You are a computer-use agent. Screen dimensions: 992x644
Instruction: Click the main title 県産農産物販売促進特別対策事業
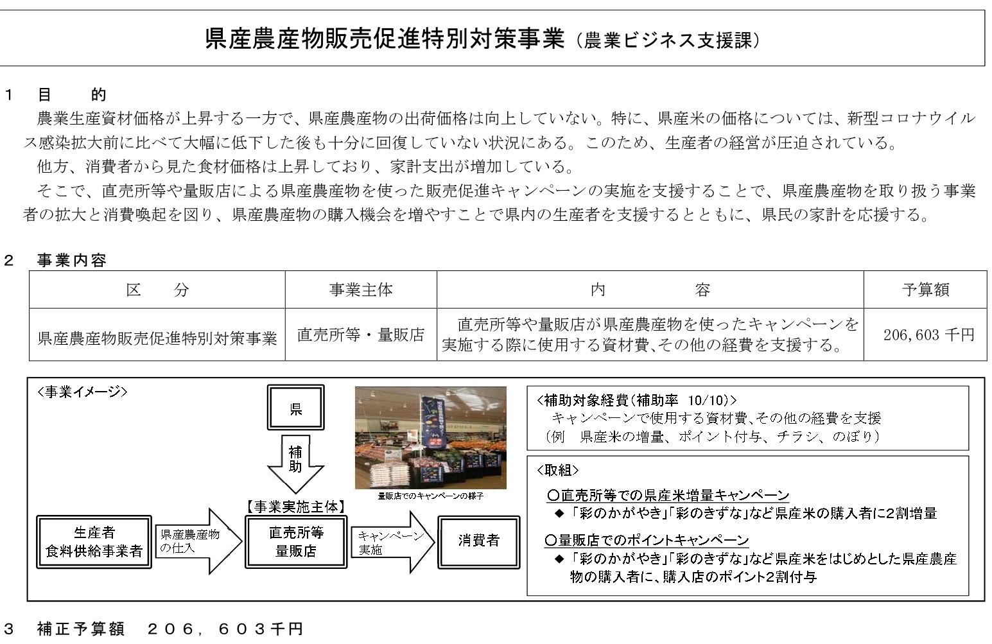pyautogui.click(x=385, y=39)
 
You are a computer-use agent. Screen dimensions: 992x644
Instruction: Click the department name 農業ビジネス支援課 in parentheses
pyautogui.click(x=668, y=40)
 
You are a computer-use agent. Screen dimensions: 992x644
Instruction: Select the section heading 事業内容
pyautogui.click(x=72, y=260)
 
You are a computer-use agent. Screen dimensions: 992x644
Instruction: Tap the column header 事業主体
pyautogui.click(x=361, y=290)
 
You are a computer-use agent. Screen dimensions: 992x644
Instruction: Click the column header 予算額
pyautogui.click(x=926, y=290)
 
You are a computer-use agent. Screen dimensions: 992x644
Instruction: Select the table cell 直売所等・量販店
pyautogui.click(x=360, y=335)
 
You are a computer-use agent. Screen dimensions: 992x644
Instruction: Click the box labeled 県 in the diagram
pyautogui.click(x=296, y=408)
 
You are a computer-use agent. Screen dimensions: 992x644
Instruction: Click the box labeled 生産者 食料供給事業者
pyautogui.click(x=94, y=542)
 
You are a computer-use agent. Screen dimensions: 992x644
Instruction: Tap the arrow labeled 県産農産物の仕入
pyautogui.click(x=199, y=541)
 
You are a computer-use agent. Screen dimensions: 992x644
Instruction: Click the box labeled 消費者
pyautogui.click(x=479, y=542)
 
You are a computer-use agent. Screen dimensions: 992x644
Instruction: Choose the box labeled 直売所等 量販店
pyautogui.click(x=296, y=542)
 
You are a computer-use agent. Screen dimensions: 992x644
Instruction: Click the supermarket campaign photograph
pyautogui.click(x=430, y=438)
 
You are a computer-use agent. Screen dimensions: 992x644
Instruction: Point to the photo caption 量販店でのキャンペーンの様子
pyautogui.click(x=430, y=496)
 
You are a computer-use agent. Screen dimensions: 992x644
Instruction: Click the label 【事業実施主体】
pyautogui.click(x=296, y=507)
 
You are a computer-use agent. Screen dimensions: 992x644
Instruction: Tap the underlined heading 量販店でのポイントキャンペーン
pyautogui.click(x=647, y=540)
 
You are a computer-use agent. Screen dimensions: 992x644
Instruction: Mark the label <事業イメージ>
pyautogui.click(x=82, y=392)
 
